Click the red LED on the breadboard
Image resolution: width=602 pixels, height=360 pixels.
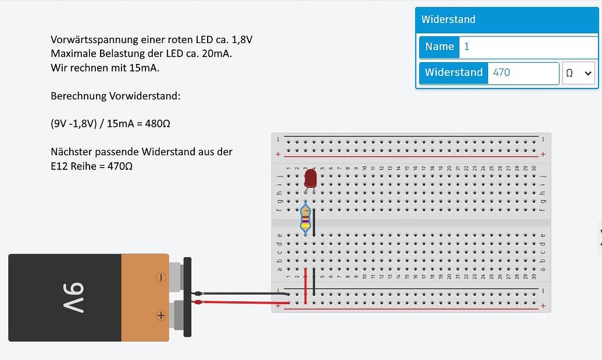point(310,177)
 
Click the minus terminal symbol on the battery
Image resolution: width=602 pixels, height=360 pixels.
point(161,277)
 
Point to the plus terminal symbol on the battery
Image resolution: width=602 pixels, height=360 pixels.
point(161,316)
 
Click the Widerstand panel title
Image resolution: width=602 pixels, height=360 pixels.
point(448,19)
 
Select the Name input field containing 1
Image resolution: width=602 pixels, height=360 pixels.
point(528,47)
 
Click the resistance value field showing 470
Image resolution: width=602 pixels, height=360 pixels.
point(523,73)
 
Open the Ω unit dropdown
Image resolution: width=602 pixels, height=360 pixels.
point(578,73)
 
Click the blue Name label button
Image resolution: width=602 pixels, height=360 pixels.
point(439,47)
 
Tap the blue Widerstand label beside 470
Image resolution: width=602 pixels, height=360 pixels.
point(454,73)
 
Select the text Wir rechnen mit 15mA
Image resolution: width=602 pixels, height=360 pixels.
point(105,68)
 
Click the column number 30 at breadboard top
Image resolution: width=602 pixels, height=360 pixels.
point(533,169)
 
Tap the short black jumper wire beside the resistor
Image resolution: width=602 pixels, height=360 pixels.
point(314,219)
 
